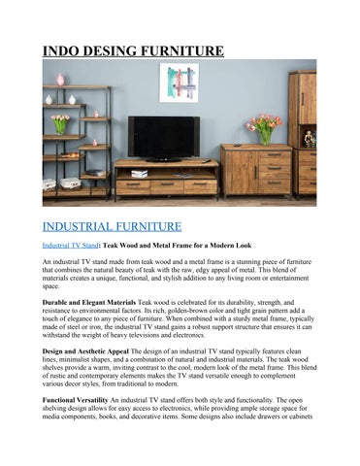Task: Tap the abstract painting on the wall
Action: (x=178, y=83)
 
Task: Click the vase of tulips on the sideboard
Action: (x=264, y=128)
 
